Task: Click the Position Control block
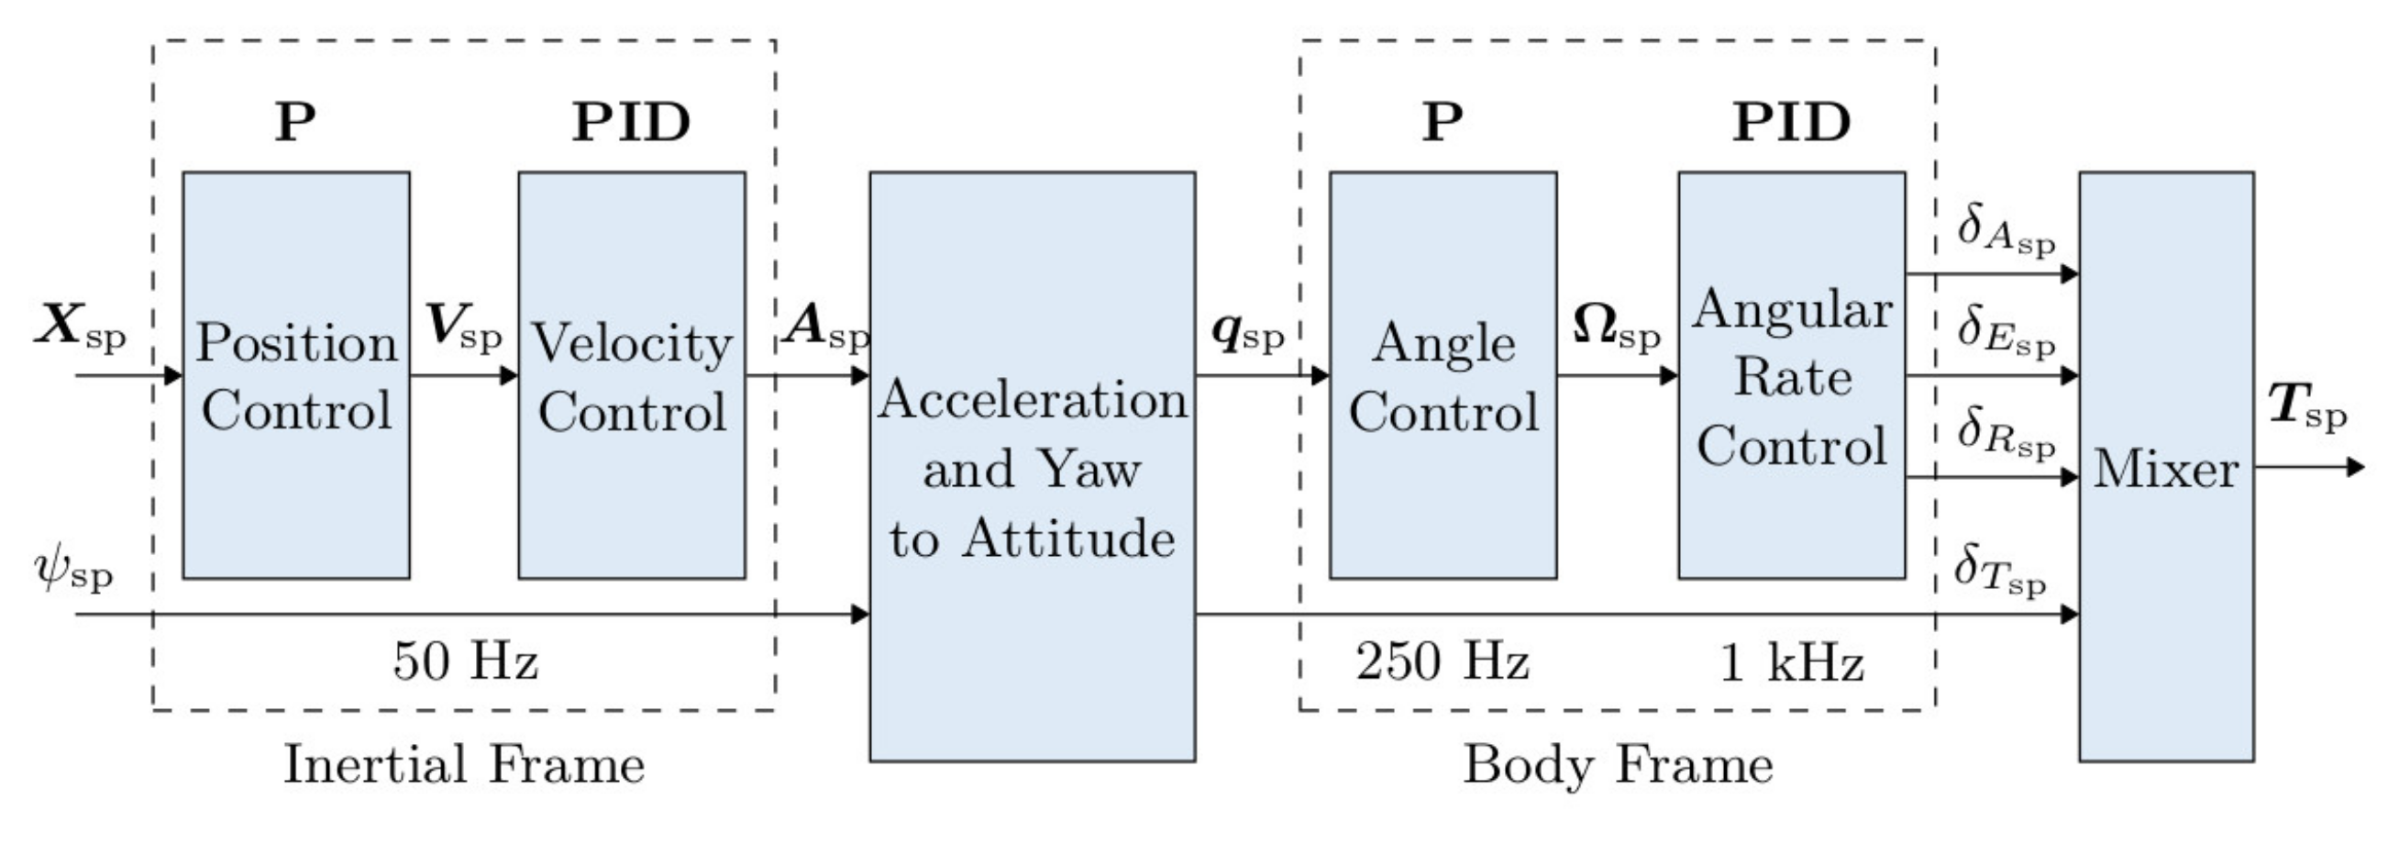click(x=296, y=375)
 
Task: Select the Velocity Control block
click(x=632, y=375)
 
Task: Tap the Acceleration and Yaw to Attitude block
click(x=1032, y=466)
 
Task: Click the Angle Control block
click(x=1443, y=375)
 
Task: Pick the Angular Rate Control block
click(x=1791, y=375)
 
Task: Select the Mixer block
click(x=2166, y=466)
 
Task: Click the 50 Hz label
click(x=465, y=661)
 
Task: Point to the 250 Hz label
click(x=1442, y=661)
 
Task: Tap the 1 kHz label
click(x=1790, y=663)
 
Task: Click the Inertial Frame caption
click(x=464, y=765)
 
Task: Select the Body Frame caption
click(x=1618, y=765)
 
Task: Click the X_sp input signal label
click(x=80, y=327)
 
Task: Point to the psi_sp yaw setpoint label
click(x=72, y=570)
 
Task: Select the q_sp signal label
click(x=1247, y=333)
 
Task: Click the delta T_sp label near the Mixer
click(x=1999, y=568)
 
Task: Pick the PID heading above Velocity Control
click(x=632, y=122)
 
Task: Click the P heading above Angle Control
click(x=1442, y=122)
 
